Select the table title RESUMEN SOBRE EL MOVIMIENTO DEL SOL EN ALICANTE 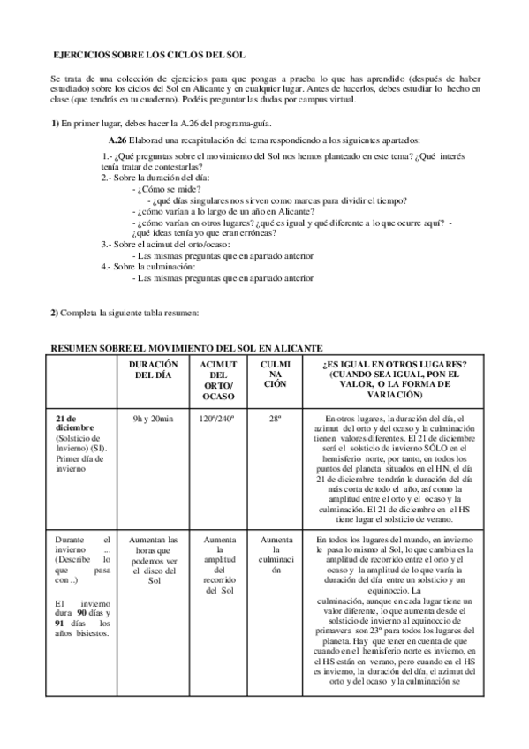point(186,347)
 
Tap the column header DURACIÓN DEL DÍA point(154,370)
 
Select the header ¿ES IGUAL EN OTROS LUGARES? point(394,365)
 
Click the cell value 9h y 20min point(154,419)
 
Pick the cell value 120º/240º point(217,419)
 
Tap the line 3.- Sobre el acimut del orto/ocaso point(163,244)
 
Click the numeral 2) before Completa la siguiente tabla point(55,313)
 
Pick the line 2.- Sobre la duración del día point(155,178)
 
